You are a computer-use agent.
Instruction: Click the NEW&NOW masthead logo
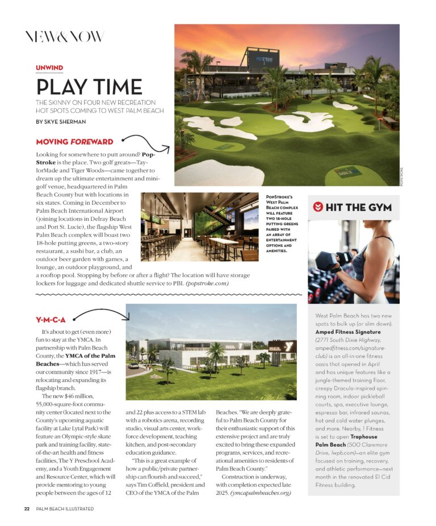(x=64, y=37)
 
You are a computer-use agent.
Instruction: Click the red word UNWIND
(x=49, y=68)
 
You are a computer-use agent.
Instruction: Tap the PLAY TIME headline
(x=89, y=87)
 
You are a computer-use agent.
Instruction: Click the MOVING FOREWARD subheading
(x=74, y=142)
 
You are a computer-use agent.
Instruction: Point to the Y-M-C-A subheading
(x=51, y=320)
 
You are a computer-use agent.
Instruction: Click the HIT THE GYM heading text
(x=358, y=207)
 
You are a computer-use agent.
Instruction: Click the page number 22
(x=27, y=508)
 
